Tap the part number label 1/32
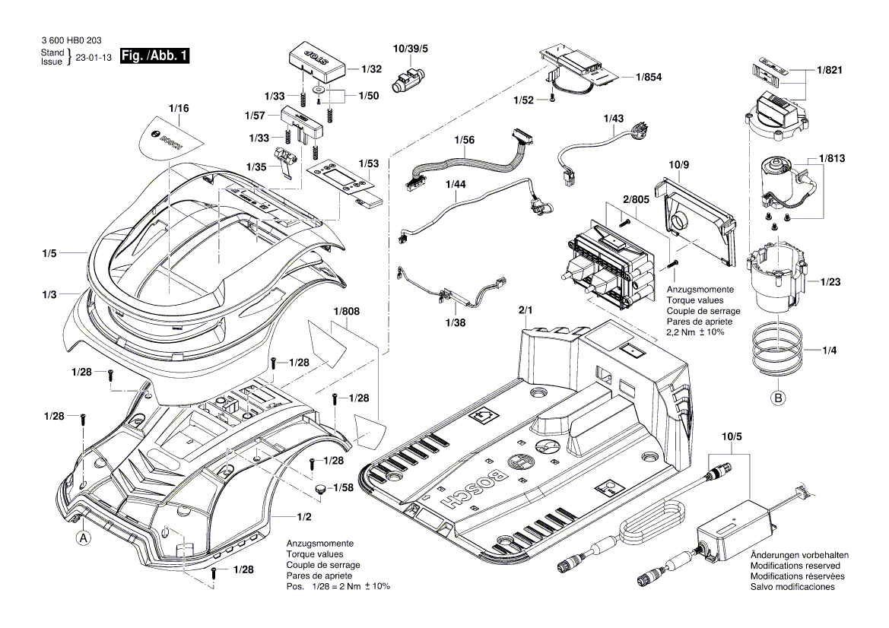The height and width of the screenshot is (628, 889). click(x=370, y=69)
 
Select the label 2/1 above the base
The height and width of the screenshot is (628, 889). click(x=526, y=311)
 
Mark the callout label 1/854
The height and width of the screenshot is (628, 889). click(x=648, y=77)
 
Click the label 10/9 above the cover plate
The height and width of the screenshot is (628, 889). click(x=679, y=165)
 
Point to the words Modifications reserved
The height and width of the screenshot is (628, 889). click(x=795, y=566)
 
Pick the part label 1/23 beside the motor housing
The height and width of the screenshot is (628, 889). click(x=830, y=282)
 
